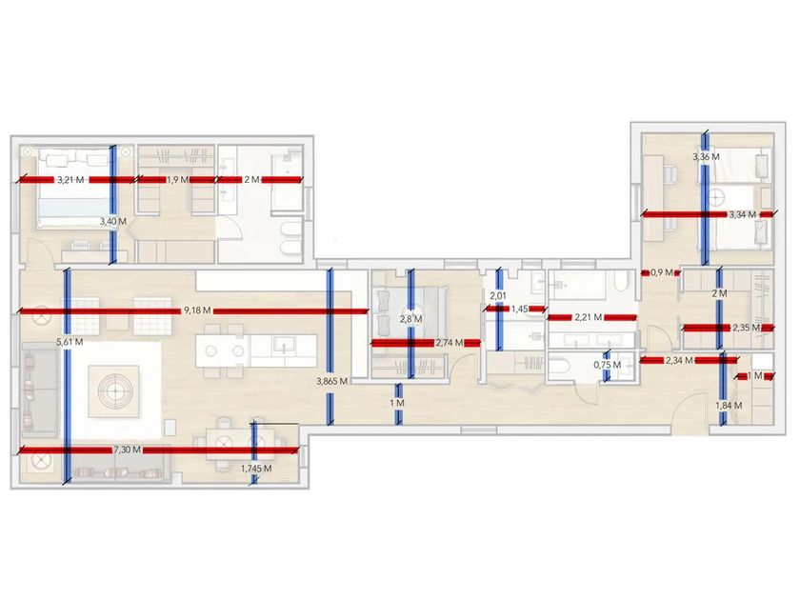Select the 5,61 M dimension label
click(70, 341)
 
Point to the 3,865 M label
click(331, 381)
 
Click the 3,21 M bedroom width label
click(70, 179)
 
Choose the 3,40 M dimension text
click(113, 221)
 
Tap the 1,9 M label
click(177, 179)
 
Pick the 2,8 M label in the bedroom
click(410, 318)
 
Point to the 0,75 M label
click(607, 364)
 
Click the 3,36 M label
click(706, 156)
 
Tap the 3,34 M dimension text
click(743, 215)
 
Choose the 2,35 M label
click(746, 328)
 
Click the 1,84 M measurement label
click(729, 407)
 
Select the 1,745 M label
click(255, 469)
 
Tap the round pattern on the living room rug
click(117, 389)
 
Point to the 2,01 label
click(497, 296)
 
